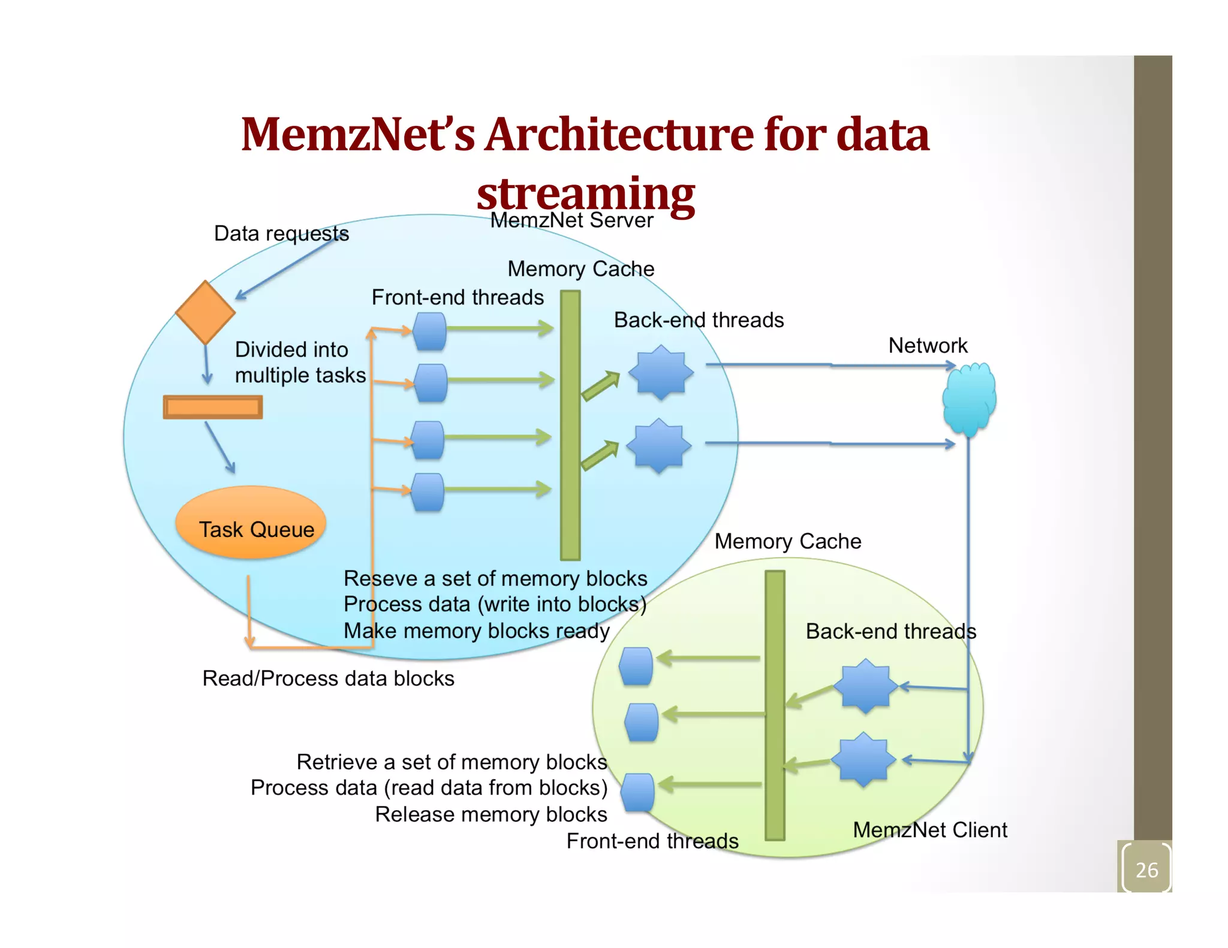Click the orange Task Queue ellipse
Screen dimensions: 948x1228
(x=251, y=523)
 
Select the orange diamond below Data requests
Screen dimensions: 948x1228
(x=205, y=312)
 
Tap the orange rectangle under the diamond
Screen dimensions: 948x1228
(x=213, y=407)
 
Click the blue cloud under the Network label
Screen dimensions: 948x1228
(x=969, y=399)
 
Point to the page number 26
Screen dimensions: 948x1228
(x=1146, y=869)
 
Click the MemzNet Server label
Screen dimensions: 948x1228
(x=571, y=221)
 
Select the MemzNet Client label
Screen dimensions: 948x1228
(x=929, y=830)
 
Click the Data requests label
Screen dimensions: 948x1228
(x=281, y=234)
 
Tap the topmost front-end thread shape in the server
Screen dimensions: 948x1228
(x=430, y=331)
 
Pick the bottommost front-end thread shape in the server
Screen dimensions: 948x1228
(x=428, y=492)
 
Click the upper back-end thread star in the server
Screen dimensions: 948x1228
(x=661, y=373)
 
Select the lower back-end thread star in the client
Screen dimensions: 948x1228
(x=863, y=759)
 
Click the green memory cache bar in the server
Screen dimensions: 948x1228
(x=570, y=425)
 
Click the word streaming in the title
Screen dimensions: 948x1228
(x=586, y=194)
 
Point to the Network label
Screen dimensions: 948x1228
(x=928, y=346)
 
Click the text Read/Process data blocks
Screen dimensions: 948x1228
(x=328, y=678)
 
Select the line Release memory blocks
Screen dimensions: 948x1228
(x=490, y=814)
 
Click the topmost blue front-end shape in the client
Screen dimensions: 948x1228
(x=636, y=666)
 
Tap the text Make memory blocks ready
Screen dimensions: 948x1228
(x=476, y=631)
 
